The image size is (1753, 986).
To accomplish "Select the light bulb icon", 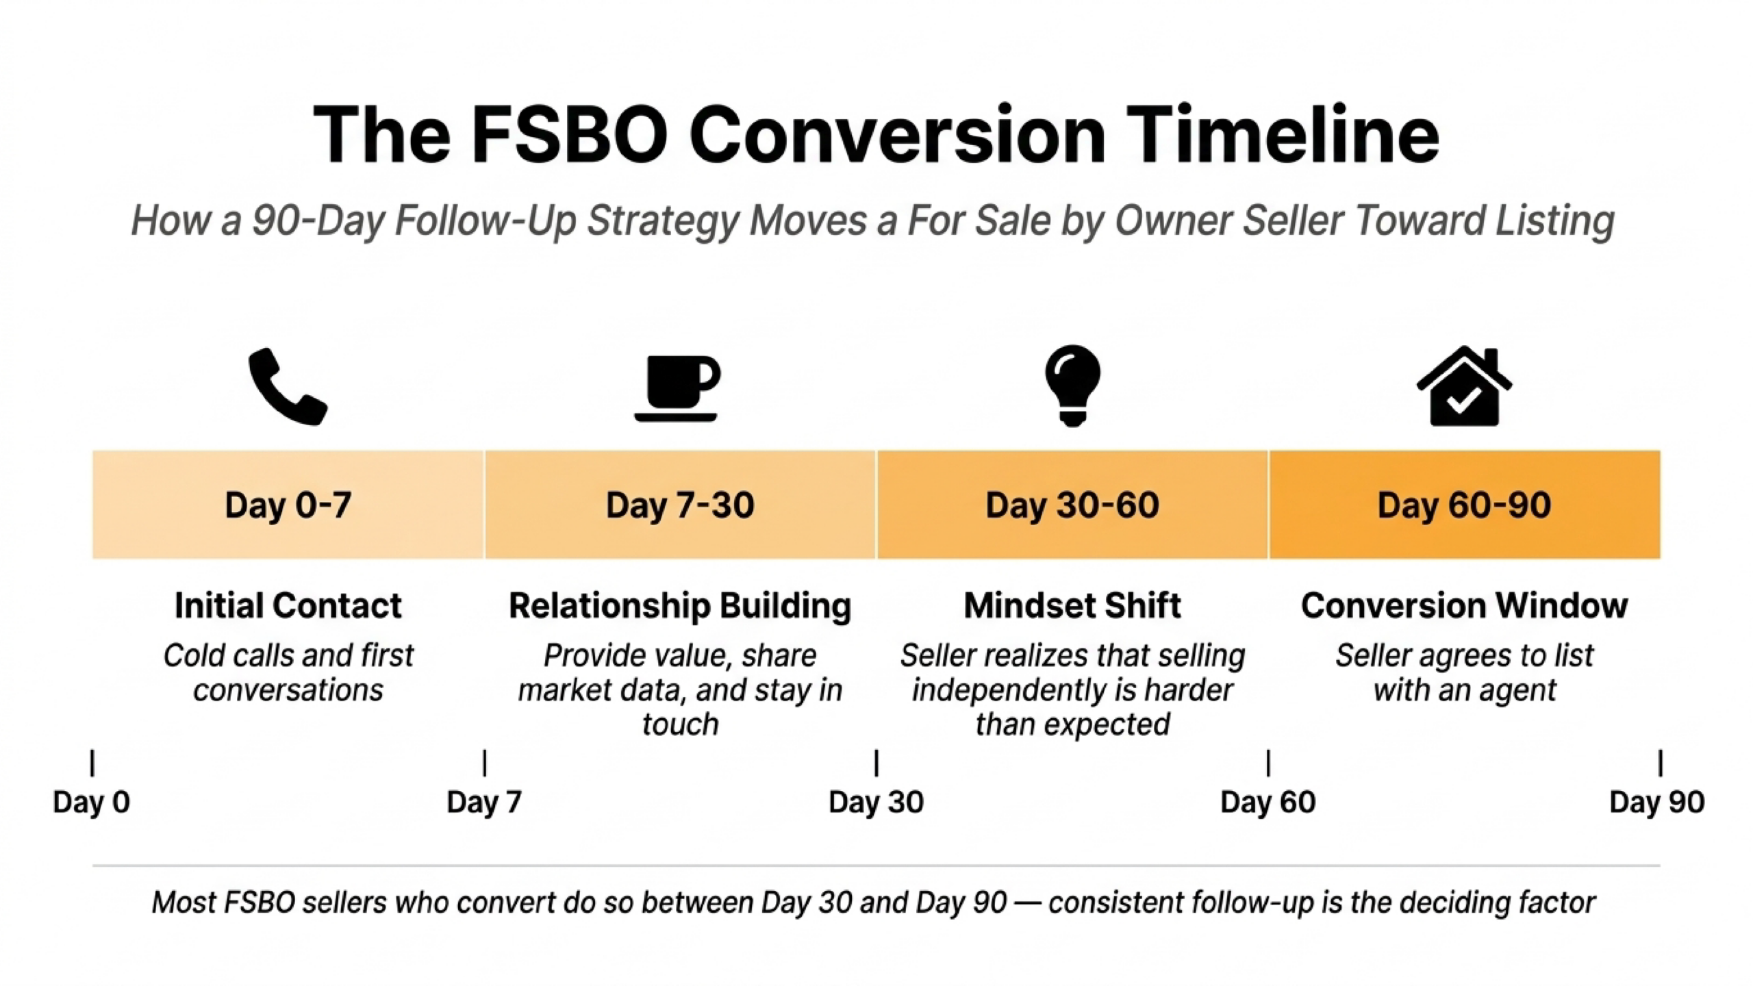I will tap(1072, 385).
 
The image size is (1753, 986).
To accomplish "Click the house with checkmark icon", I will tap(1464, 388).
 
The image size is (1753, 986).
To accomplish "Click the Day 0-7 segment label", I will tap(288, 505).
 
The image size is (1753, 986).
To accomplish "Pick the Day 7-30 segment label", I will tap(680, 505).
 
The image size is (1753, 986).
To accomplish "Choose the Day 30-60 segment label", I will tap(1072, 505).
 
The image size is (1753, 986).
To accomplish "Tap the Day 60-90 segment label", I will tap(1464, 505).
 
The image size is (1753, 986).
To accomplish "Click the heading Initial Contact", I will tap(288, 605).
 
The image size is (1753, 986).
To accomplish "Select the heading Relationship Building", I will tap(680, 605).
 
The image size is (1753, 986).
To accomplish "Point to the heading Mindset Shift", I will tap(1072, 605).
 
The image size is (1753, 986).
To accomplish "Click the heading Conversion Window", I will tap(1464, 605).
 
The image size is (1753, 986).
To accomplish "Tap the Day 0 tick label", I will tap(92, 802).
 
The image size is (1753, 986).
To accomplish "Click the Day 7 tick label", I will tap(484, 802).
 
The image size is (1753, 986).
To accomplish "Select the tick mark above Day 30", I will tap(876, 763).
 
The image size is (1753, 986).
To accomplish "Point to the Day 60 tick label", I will tap(1268, 802).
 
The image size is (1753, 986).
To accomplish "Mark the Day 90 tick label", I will tap(1656, 802).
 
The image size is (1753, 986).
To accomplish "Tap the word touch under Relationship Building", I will tap(680, 724).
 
